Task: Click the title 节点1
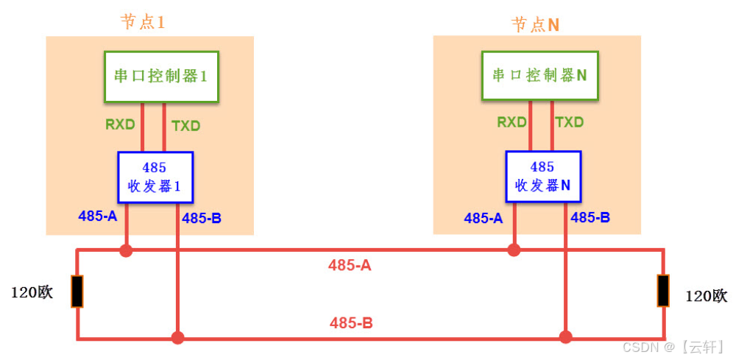pos(143,22)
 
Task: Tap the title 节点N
pos(535,24)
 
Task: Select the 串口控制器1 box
pos(161,76)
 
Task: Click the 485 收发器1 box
pos(155,177)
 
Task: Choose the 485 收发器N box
pos(542,176)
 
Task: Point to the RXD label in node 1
pos(120,124)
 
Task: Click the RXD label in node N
pos(511,121)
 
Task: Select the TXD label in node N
pos(570,121)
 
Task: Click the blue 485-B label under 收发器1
pos(202,217)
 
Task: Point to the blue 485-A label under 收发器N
pos(484,217)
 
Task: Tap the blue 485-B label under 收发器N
pos(590,217)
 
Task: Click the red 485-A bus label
pos(350,265)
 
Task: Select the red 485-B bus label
pos(351,322)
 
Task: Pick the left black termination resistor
pos(77,291)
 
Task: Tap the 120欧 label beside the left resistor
pos(32,292)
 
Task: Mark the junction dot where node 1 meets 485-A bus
pos(126,250)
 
